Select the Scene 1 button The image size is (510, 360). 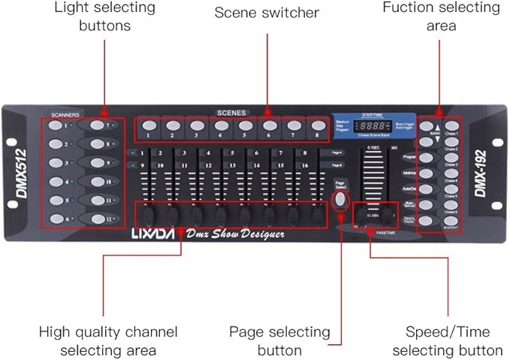(x=149, y=126)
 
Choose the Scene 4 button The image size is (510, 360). (x=221, y=126)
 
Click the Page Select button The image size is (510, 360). (x=340, y=199)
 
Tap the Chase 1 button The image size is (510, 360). (x=451, y=126)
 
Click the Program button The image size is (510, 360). (x=427, y=158)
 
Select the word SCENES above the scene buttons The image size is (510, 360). (x=231, y=112)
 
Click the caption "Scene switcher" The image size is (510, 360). (x=267, y=13)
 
